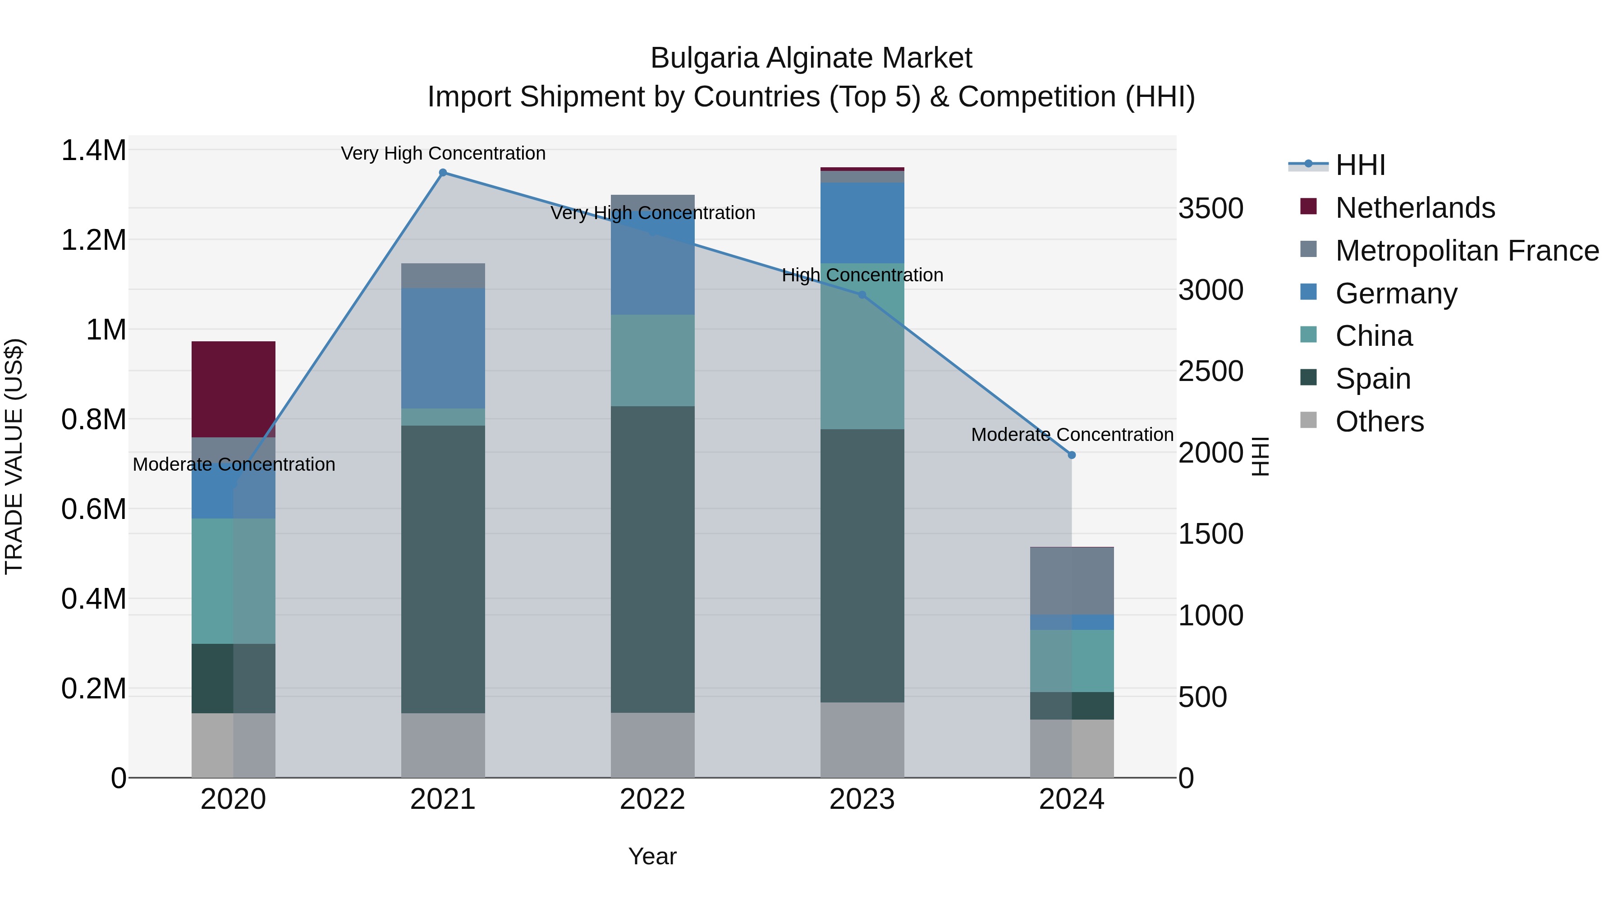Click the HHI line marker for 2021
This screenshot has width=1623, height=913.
(x=443, y=173)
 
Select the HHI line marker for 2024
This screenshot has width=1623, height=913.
(x=1071, y=455)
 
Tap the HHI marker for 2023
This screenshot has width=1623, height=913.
(x=862, y=294)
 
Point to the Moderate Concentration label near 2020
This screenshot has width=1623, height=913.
(x=233, y=464)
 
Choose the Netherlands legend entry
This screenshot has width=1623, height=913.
(x=1414, y=208)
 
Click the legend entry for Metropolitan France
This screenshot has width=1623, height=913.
(x=1467, y=251)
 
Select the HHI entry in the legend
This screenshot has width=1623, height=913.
(x=1360, y=165)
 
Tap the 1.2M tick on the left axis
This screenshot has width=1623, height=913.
(x=93, y=240)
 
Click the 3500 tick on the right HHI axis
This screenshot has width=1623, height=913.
(x=1210, y=209)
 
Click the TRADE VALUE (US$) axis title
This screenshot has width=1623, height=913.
(x=14, y=456)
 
